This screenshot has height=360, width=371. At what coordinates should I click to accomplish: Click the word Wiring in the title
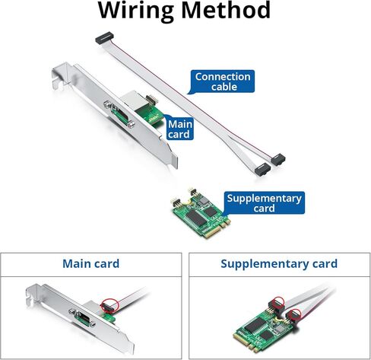click(136, 11)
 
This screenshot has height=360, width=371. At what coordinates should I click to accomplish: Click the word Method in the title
click(226, 10)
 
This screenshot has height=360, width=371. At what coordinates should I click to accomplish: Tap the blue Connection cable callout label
click(223, 81)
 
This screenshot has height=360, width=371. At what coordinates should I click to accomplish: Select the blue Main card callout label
click(179, 129)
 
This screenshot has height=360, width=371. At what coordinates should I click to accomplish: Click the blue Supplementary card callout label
click(264, 202)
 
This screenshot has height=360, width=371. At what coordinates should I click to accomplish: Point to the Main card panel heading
click(90, 263)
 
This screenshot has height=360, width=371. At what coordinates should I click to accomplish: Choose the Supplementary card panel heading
click(279, 263)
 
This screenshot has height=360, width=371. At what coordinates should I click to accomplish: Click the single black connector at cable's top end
click(104, 38)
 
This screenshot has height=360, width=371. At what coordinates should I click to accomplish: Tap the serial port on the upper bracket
click(119, 114)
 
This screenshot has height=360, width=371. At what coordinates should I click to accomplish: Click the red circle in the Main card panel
click(109, 305)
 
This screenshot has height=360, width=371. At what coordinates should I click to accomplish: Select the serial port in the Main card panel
click(82, 317)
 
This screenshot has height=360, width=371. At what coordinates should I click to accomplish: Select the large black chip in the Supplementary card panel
click(255, 325)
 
